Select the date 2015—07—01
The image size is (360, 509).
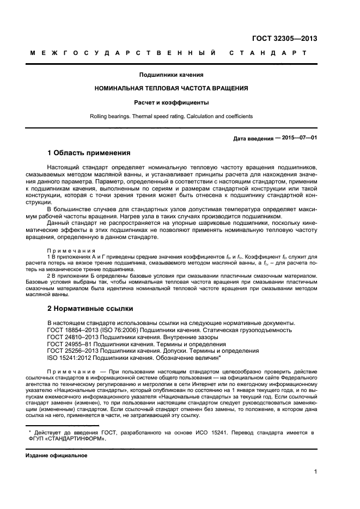click(x=297, y=138)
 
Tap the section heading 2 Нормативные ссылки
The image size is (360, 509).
click(x=90, y=308)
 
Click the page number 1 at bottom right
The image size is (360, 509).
click(x=315, y=472)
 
